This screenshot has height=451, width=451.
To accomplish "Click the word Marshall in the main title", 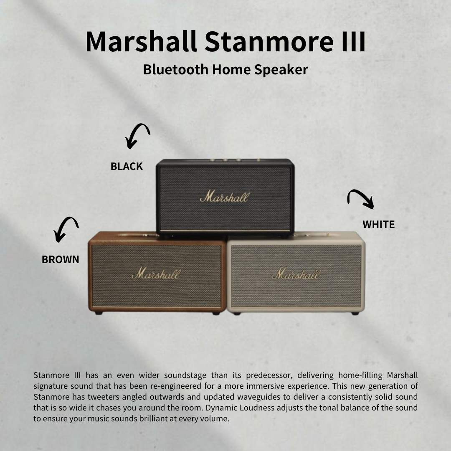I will coord(141,41).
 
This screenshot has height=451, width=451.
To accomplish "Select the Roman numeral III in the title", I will coord(350,41).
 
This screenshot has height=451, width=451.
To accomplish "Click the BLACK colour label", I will coord(127,166).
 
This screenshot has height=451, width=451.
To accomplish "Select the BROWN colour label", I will coord(60,259).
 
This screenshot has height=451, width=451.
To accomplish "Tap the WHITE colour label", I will coord(378,225).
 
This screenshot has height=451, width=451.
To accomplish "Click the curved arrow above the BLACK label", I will coord(137,135).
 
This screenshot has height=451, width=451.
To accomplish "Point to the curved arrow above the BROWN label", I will coord(66,229).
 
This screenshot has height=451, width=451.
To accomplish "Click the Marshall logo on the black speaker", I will coord(224,197).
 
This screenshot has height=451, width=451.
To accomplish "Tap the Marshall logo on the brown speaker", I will coord(156,274).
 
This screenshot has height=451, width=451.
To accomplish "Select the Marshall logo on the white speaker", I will coord(295,274).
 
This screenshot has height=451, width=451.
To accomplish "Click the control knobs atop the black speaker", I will coord(225,160).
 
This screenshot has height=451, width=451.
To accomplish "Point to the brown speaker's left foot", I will coord(99,312).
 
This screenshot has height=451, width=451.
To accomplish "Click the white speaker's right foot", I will coord(355,313).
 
